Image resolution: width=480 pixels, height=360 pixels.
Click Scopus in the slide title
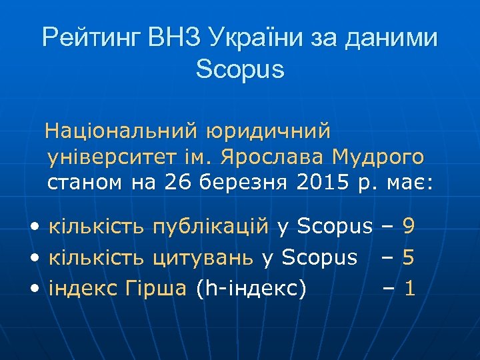240,69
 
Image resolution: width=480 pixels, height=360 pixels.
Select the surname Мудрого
382,157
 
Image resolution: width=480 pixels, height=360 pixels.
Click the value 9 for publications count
408,227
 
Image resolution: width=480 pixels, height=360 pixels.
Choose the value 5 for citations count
409,257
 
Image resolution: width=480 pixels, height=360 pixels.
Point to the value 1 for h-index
409,288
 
